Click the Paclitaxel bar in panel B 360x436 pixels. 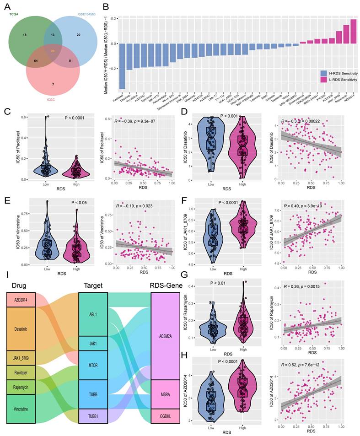click(x=122, y=66)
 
